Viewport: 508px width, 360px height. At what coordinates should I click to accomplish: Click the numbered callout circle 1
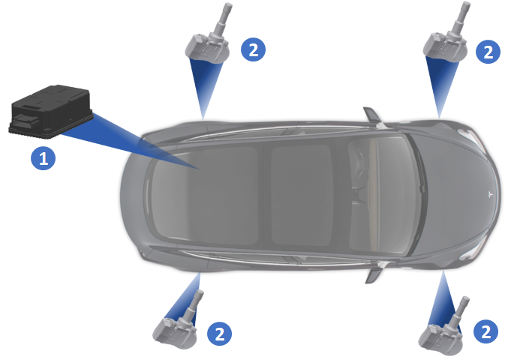click(x=43, y=158)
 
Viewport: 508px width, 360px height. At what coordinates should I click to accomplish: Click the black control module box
click(x=51, y=112)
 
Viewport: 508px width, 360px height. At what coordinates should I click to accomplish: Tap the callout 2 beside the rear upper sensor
click(x=254, y=49)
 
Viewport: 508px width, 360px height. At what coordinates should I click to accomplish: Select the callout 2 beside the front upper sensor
click(x=488, y=52)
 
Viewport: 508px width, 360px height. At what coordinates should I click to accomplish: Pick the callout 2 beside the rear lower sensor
click(x=220, y=333)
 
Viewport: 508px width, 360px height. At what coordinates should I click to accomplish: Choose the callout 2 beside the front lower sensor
click(x=486, y=331)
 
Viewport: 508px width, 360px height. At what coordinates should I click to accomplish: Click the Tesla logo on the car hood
click(x=491, y=194)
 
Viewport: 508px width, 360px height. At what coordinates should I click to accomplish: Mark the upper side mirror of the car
click(x=371, y=115)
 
